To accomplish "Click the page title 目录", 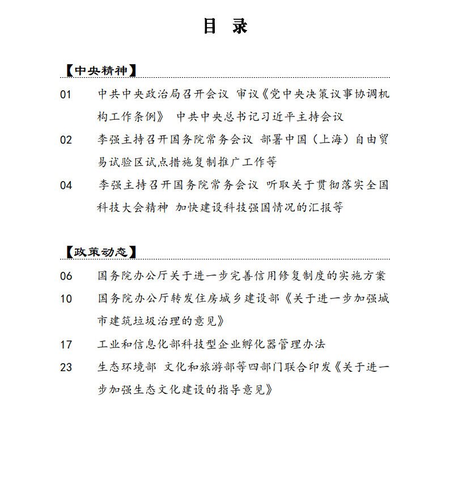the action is click(x=225, y=27).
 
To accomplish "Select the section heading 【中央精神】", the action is click(x=100, y=71).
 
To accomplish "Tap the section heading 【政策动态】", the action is click(x=100, y=252).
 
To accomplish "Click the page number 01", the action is click(x=66, y=95).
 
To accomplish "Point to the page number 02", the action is click(x=66, y=140).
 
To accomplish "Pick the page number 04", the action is click(x=66, y=185).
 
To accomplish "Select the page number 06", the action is click(x=66, y=276).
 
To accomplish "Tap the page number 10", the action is click(x=66, y=299).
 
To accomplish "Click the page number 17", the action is click(x=66, y=344).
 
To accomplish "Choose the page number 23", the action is click(x=66, y=367).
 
